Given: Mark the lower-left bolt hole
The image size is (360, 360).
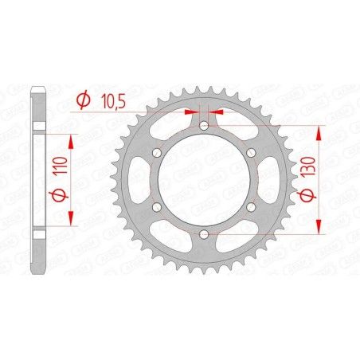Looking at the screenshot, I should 158,207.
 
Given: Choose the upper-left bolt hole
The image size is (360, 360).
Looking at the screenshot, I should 158,153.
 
